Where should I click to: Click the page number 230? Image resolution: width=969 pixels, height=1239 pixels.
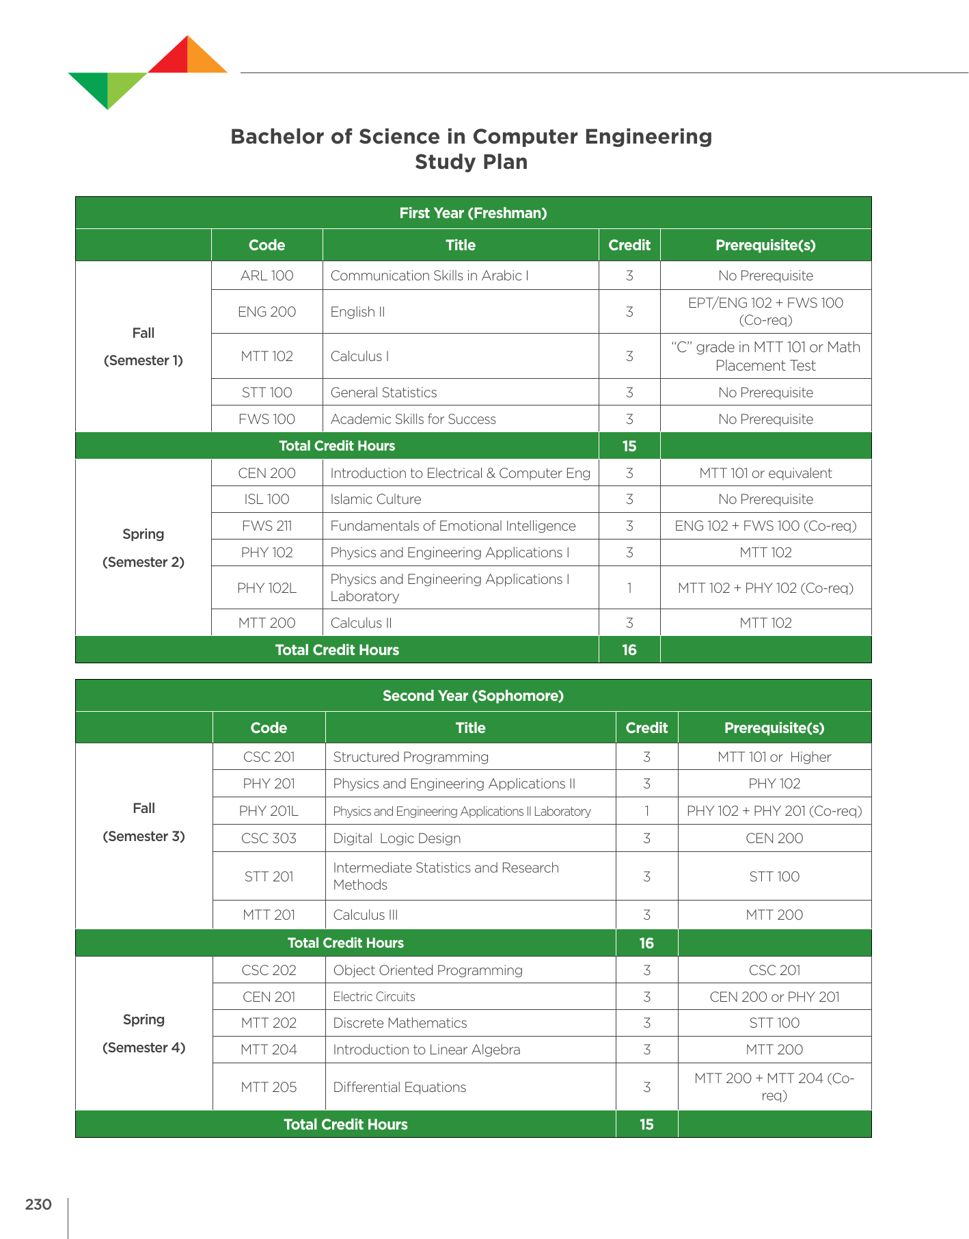pos(38,1204)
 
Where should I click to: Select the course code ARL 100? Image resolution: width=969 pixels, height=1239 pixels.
pos(267,276)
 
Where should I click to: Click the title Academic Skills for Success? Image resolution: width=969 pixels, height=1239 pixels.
pos(413,419)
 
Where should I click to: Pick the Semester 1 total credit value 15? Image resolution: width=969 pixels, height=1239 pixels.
pos(629,446)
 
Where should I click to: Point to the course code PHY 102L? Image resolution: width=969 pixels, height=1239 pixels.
pos(267,588)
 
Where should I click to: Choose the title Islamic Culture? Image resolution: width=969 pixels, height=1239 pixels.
pos(375,499)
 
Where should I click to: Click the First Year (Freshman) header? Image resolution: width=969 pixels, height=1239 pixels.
pos(473,213)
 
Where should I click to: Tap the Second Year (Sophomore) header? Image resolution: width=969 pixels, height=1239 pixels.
pos(473,696)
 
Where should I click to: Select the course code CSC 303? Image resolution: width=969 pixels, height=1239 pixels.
pos(269,838)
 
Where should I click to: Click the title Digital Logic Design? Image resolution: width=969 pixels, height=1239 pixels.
pos(396,838)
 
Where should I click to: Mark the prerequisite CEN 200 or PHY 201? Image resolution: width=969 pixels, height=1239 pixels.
pos(774,997)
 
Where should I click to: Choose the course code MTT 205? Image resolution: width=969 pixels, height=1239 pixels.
pos(269,1087)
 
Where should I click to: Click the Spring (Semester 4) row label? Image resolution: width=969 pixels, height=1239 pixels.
pos(144,1033)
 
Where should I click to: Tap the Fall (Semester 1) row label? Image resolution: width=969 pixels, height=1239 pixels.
pos(144,347)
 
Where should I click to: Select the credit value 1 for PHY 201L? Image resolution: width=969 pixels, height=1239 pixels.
pos(646,812)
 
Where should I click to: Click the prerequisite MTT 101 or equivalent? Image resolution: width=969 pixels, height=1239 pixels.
pos(765,473)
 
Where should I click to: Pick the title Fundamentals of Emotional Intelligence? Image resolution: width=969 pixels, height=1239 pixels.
pos(452,526)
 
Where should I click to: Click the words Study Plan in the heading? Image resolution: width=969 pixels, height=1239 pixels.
pos(471,162)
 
